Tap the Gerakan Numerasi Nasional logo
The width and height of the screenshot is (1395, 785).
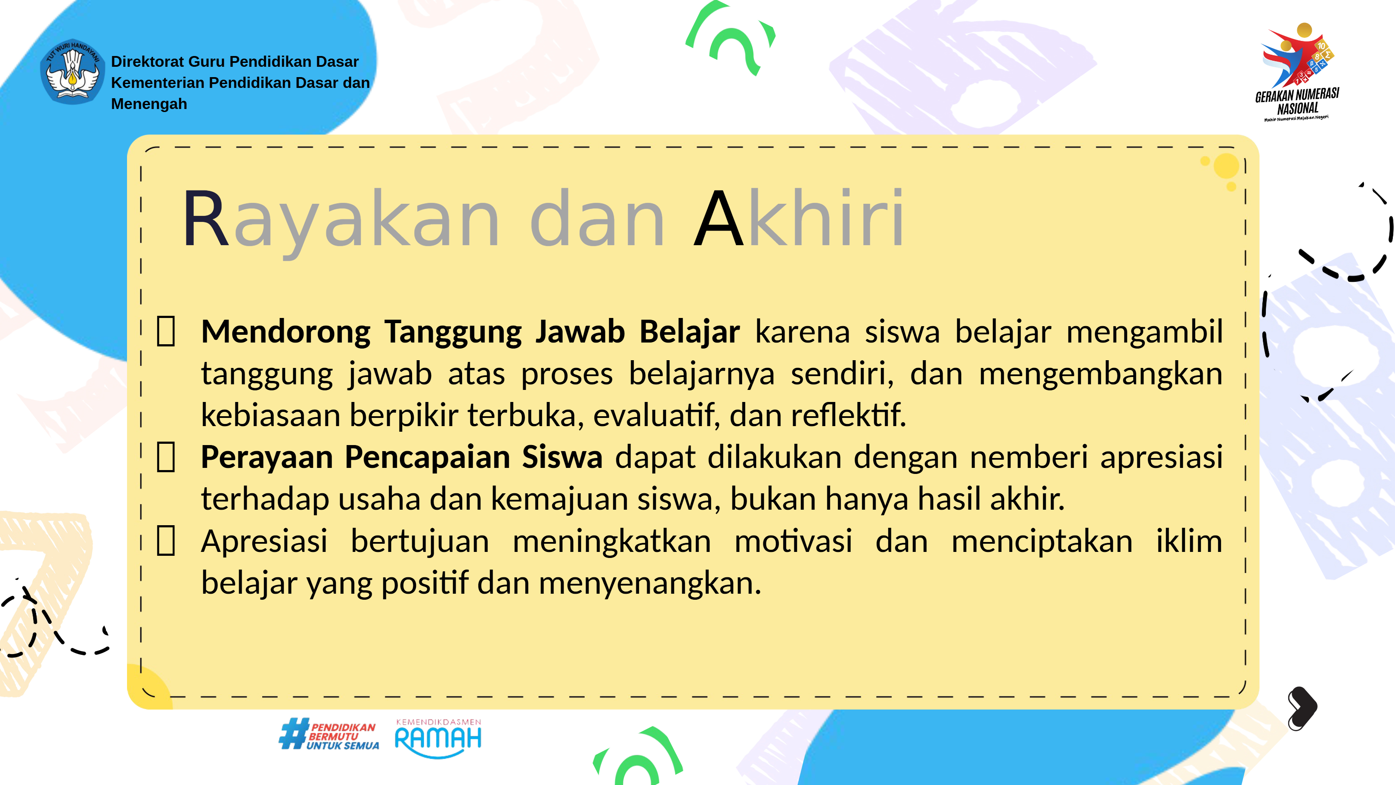point(1298,72)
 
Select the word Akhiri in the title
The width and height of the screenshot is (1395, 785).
point(799,217)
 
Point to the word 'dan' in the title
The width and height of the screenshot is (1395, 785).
point(597,217)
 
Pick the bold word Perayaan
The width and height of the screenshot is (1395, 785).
point(266,457)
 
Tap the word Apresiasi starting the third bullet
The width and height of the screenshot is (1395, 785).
point(264,541)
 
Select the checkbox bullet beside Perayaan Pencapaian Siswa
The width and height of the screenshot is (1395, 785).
point(166,457)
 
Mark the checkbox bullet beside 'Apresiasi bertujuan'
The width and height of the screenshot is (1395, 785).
point(166,541)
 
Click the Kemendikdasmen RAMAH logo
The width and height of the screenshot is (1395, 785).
point(438,738)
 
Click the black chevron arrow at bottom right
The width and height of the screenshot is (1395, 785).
point(1302,708)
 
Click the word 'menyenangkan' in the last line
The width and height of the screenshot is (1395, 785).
point(650,584)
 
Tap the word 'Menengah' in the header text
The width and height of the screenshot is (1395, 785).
point(149,103)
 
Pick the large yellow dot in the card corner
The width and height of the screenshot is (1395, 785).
point(1227,166)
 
